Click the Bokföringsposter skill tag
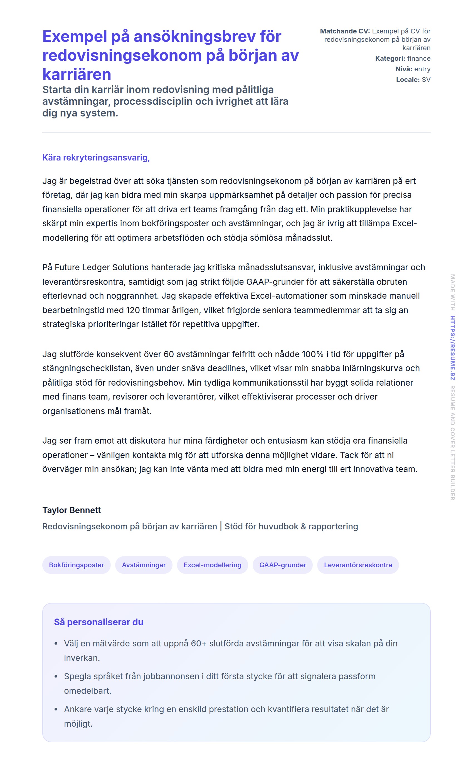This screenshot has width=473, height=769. point(76,565)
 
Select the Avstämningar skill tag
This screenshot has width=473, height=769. point(144,565)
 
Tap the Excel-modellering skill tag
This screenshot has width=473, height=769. point(212,565)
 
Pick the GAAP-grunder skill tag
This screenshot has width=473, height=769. point(282,565)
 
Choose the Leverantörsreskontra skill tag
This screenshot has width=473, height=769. point(358,565)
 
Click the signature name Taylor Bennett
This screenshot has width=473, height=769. point(72,510)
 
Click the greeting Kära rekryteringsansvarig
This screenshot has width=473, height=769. point(96,157)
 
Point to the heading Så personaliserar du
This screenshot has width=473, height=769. point(98,622)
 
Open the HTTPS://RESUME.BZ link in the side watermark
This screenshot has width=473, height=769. point(452,348)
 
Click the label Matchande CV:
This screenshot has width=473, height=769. point(345,31)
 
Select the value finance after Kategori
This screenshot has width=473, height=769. point(418,59)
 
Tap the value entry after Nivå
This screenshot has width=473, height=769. point(422,69)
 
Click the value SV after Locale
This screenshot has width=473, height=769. point(426,80)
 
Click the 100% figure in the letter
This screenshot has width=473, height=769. point(312,354)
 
